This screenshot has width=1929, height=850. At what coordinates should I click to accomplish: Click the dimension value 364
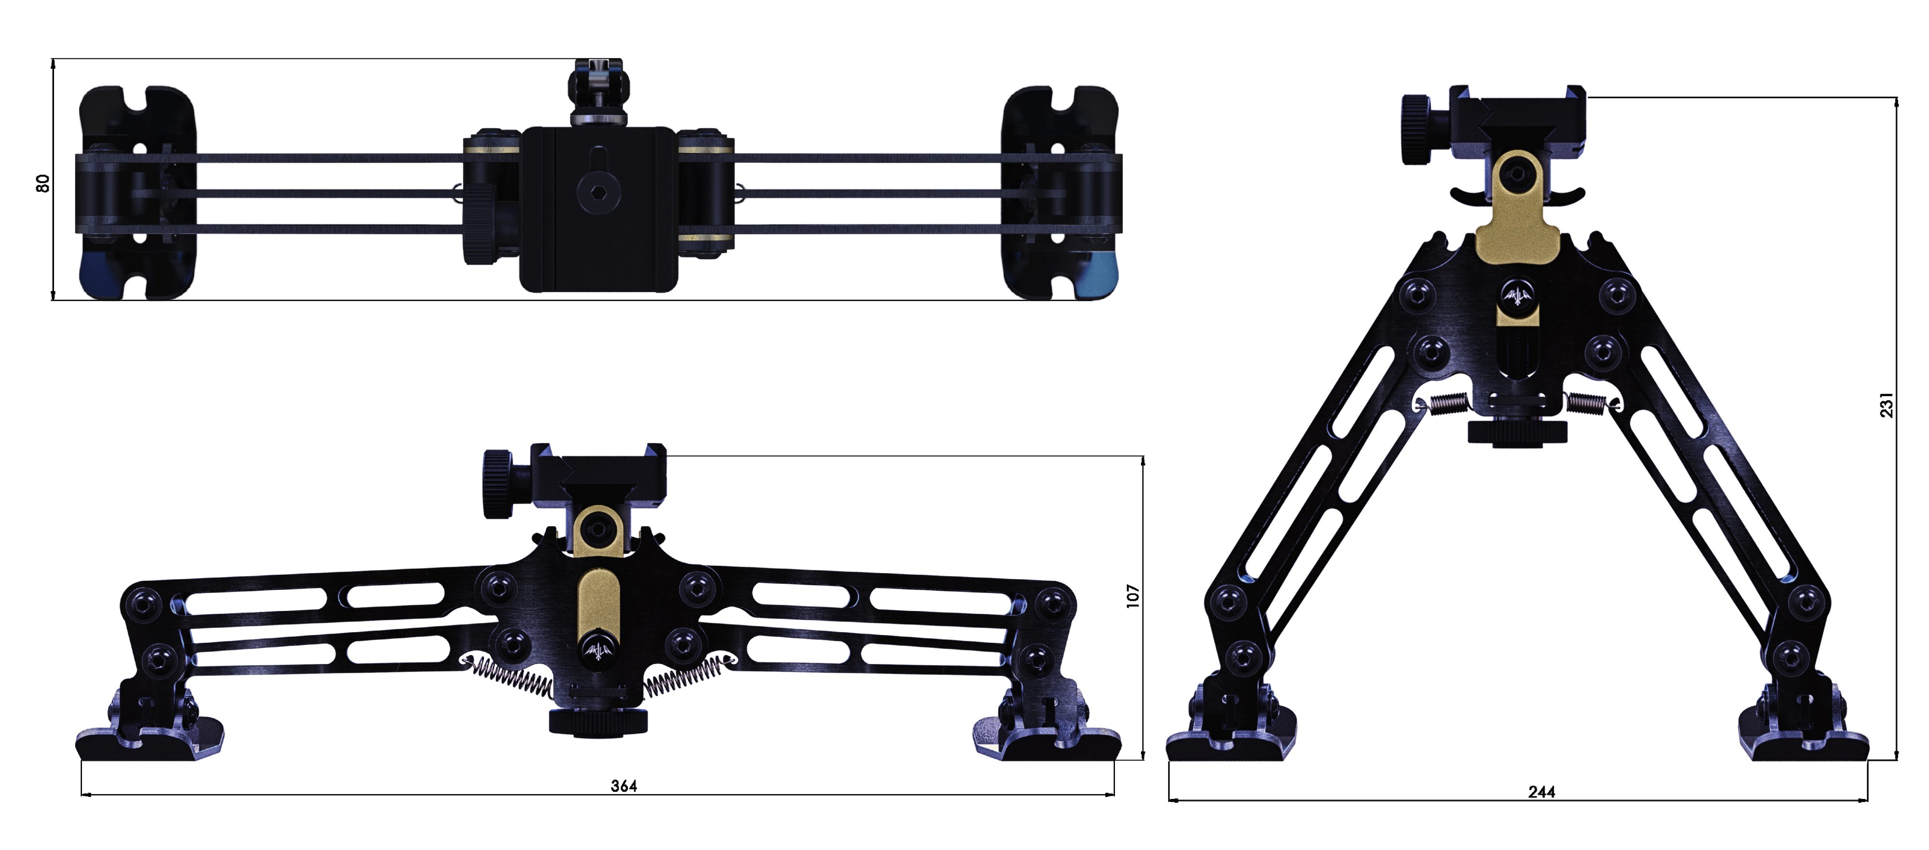624,785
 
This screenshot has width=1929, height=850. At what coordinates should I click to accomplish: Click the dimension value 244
1541,792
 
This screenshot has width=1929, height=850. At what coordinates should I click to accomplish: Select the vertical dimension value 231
1886,405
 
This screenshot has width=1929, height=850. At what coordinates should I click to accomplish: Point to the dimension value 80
43,183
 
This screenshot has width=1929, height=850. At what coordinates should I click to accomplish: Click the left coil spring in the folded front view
512,677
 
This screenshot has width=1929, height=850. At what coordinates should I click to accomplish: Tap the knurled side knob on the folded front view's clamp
497,483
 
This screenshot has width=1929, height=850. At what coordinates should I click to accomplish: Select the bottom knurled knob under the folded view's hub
598,721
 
